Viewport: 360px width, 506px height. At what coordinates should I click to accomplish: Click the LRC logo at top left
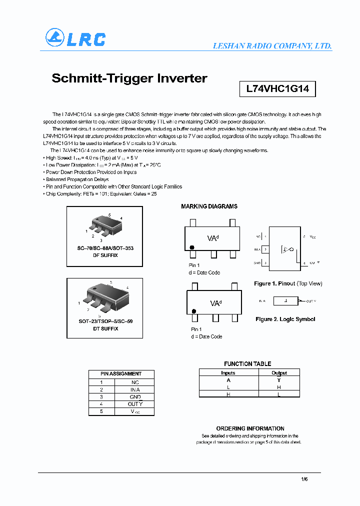(x=75, y=38)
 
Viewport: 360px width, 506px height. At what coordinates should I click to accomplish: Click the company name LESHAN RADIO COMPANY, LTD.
(x=272, y=45)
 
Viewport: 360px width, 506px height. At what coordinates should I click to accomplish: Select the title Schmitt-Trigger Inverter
(x=129, y=78)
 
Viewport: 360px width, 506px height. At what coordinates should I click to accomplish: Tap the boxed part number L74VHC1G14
(x=277, y=89)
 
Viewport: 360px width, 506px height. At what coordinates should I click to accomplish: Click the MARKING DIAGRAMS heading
(x=209, y=206)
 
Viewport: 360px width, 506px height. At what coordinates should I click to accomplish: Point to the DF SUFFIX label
(x=105, y=255)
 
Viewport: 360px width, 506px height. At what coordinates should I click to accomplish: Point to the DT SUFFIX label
(x=105, y=328)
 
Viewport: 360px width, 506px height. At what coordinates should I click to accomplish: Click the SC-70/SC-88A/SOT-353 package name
(x=105, y=248)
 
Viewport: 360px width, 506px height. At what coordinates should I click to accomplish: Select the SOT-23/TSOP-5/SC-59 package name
(x=105, y=321)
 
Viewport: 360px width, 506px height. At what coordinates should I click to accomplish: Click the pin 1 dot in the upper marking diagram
(x=191, y=247)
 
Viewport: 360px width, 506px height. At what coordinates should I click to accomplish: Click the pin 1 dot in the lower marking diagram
(x=193, y=311)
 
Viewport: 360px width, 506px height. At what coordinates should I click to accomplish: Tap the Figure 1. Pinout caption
(x=288, y=283)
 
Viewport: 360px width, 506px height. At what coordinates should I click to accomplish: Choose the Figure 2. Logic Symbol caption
(x=285, y=319)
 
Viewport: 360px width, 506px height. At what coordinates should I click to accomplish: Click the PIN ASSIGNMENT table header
(x=121, y=373)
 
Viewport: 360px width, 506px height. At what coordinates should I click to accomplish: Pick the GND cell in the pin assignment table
(x=135, y=396)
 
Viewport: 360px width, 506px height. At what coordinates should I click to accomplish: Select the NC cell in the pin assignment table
(x=135, y=381)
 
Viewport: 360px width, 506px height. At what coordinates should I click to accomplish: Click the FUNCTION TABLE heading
(x=247, y=364)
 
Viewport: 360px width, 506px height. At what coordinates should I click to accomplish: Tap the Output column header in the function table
(x=279, y=373)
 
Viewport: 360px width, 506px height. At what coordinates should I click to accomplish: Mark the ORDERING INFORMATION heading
(x=250, y=428)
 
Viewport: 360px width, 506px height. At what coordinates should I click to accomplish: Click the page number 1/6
(x=304, y=479)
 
